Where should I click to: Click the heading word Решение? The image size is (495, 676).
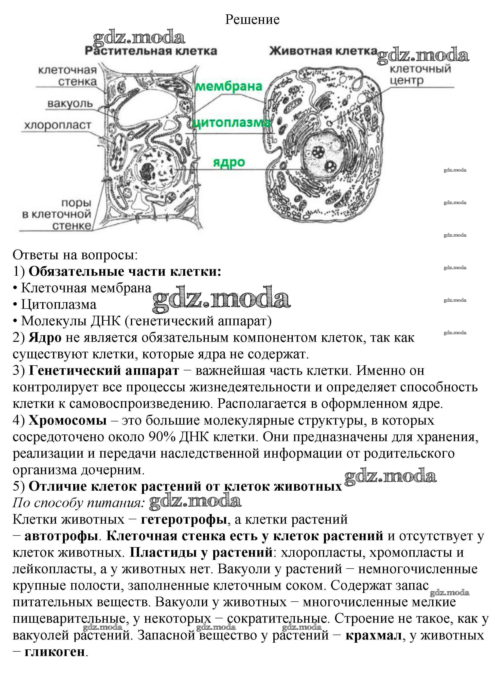[x=252, y=20]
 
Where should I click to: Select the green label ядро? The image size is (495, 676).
[x=229, y=162]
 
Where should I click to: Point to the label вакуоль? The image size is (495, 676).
[x=70, y=104]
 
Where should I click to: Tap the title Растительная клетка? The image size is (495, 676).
[x=151, y=51]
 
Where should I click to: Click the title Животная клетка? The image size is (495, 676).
[x=323, y=51]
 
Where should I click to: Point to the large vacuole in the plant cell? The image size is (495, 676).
[x=144, y=106]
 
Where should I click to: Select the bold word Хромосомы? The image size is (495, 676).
[x=68, y=420]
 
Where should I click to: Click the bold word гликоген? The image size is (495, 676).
[x=54, y=652]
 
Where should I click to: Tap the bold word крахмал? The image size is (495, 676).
[x=373, y=635]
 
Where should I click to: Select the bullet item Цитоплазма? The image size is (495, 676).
[x=59, y=305]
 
